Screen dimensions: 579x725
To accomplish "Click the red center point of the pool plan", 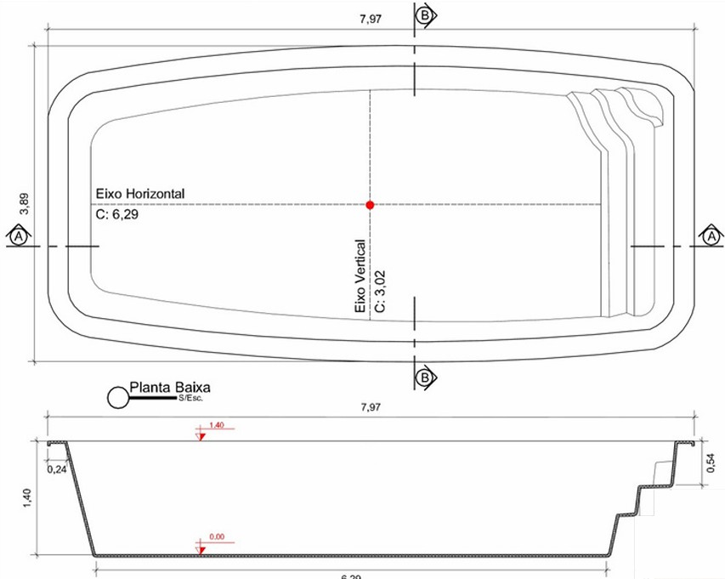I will coord(370,205).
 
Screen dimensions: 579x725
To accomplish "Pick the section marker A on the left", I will coord(17,237).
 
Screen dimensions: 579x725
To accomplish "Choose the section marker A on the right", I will coord(711,237).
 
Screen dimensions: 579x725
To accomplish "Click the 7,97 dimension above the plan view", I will coord(371,19).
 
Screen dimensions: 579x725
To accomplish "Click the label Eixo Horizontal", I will coord(140,195).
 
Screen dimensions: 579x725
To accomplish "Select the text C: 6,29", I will coord(117,216).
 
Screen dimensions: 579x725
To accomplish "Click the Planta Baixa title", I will coord(169,388).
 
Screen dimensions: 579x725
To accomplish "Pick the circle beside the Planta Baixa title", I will coord(117,397).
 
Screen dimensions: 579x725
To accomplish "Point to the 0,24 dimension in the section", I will coord(58,468).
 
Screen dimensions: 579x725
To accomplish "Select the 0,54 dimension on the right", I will coord(712,463).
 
